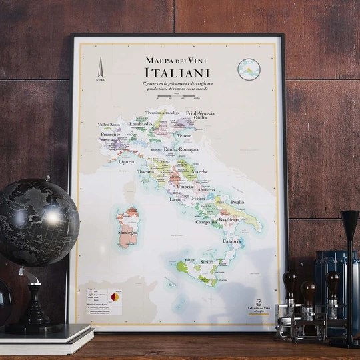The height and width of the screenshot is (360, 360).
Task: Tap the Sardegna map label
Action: tap(127, 233)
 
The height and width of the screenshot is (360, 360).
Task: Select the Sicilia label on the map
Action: tap(207, 262)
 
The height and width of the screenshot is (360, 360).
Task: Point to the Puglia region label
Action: tap(237, 202)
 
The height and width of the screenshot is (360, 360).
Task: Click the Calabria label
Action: tap(231, 241)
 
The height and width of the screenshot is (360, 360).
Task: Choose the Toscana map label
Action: tap(145, 171)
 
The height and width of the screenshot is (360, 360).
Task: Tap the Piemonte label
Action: tap(110, 135)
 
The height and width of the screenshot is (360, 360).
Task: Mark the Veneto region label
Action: tap(184, 135)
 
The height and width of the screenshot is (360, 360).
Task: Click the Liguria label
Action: tap(126, 161)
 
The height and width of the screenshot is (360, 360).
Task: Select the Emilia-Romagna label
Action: tap(181, 149)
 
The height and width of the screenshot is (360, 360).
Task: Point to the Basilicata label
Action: tap(229, 219)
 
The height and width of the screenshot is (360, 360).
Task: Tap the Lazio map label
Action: tap(175, 199)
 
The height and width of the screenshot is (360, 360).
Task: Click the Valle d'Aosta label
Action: tap(109, 125)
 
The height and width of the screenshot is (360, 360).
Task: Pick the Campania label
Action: tap(207, 222)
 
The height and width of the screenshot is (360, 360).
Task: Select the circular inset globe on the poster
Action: tap(249, 69)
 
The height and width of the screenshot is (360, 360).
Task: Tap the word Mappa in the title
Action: tap(159, 60)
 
